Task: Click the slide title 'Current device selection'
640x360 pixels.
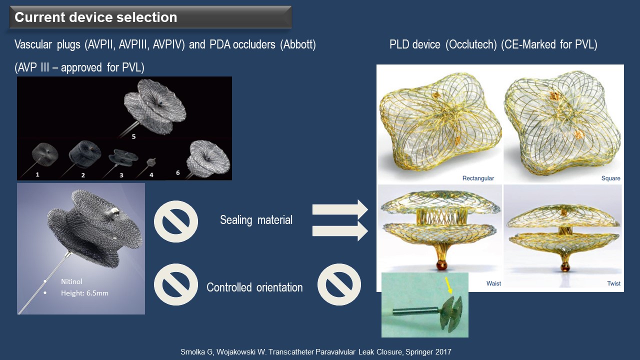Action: point(95,17)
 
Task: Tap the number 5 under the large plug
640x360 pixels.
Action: point(133,136)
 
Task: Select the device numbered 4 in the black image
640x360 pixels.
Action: point(151,162)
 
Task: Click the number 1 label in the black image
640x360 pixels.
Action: point(37,174)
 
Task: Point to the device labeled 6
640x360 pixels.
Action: point(208,158)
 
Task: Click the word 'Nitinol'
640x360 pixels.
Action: point(71,281)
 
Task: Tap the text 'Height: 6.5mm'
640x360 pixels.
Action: point(84,293)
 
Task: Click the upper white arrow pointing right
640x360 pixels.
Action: point(340,209)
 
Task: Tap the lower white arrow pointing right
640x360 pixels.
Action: point(340,231)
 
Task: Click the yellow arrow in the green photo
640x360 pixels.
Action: point(448,285)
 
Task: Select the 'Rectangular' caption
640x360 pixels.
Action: point(478,178)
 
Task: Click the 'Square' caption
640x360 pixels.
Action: point(610,178)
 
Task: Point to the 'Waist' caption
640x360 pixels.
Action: point(493,283)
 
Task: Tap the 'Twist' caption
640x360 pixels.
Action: point(613,283)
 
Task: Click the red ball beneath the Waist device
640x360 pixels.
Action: point(441,265)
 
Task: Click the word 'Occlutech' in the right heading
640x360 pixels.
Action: point(471,45)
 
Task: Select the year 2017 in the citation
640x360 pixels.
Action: point(443,351)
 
